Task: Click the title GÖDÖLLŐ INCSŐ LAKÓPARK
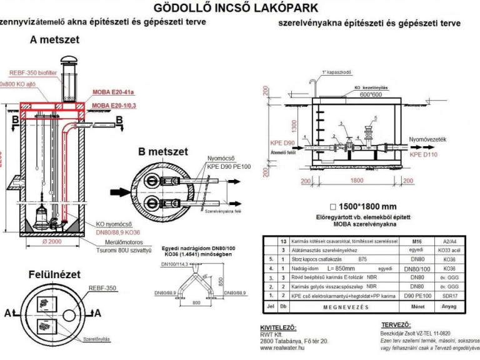241,8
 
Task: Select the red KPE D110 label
426,152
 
